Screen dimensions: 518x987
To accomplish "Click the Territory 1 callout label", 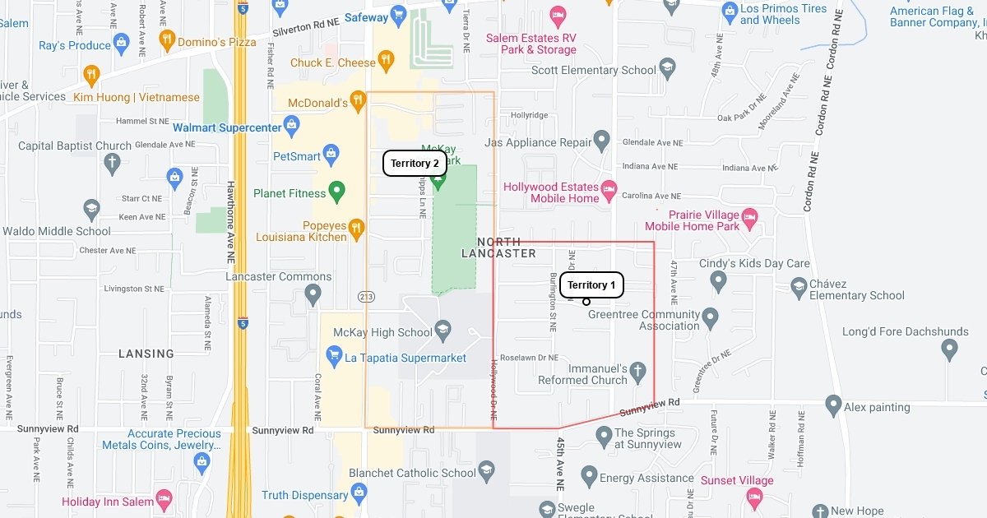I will pyautogui.click(x=591, y=285).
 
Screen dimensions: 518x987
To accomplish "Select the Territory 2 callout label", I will pyautogui.click(x=415, y=164).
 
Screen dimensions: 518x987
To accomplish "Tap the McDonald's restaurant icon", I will pyautogui.click(x=357, y=102).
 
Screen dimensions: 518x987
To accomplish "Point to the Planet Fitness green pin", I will pyautogui.click(x=336, y=192).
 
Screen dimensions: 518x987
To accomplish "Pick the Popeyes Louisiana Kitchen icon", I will pyautogui.click(x=356, y=229).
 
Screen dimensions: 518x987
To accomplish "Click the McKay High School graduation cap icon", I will pyautogui.click(x=443, y=331).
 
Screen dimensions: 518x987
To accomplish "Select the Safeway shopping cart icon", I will pyautogui.click(x=399, y=16).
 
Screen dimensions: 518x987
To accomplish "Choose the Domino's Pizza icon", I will pyautogui.click(x=168, y=40).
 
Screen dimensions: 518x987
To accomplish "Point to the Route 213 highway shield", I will pyautogui.click(x=366, y=295).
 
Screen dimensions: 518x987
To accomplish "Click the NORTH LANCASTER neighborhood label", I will pyautogui.click(x=499, y=247).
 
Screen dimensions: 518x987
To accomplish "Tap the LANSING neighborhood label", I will pyautogui.click(x=146, y=354).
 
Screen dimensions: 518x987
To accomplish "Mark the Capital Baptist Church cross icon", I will pyautogui.click(x=112, y=161).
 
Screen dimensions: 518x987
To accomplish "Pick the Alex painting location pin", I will pyautogui.click(x=833, y=405).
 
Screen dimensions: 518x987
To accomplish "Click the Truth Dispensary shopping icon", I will pyautogui.click(x=359, y=494).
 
